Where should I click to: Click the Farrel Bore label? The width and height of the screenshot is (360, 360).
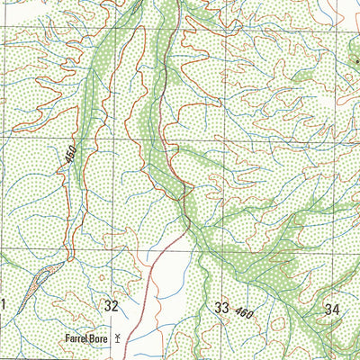pyautogui.click(x=85, y=339)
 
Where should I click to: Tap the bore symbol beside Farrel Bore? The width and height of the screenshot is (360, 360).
pyautogui.click(x=117, y=340)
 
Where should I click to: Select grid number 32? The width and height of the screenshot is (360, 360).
pyautogui.click(x=111, y=306)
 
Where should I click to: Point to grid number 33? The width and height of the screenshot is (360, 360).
pyautogui.click(x=221, y=308)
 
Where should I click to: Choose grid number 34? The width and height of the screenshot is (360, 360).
pyautogui.click(x=332, y=309)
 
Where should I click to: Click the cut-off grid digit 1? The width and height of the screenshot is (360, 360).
pyautogui.click(x=3, y=306)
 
